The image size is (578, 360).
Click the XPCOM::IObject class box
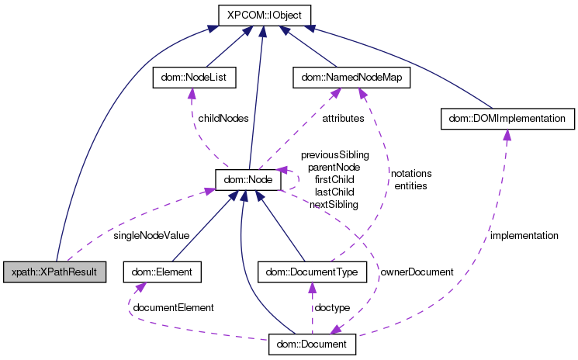(263, 15)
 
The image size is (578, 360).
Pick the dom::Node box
(247, 180)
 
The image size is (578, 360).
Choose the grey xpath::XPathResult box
(54, 272)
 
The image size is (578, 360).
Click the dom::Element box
(162, 272)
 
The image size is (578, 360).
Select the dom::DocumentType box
(312, 272)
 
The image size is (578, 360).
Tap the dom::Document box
(313, 343)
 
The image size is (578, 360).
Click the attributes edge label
(342, 119)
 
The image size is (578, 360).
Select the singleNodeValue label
(151, 234)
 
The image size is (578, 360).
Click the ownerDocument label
(416, 272)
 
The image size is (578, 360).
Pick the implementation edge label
(524, 234)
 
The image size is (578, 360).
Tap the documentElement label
(173, 307)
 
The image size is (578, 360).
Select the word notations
(411, 174)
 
